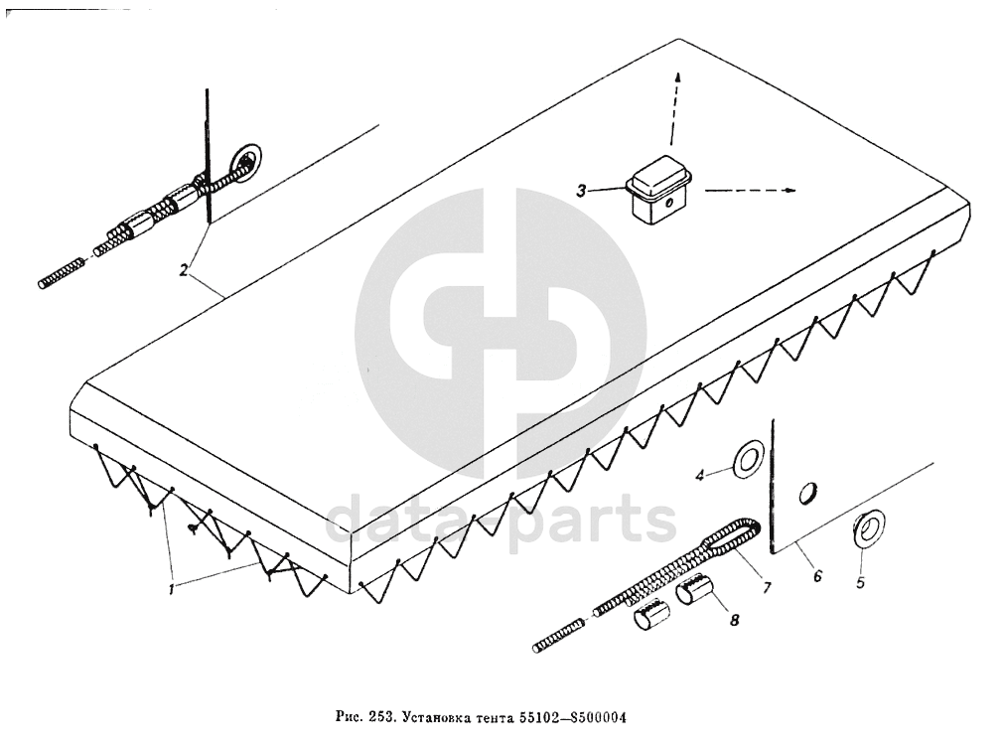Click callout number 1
pyautogui.click(x=172, y=588)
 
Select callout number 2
pyautogui.click(x=184, y=270)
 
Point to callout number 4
pyautogui.click(x=699, y=476)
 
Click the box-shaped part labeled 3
pyautogui.click(x=658, y=193)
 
